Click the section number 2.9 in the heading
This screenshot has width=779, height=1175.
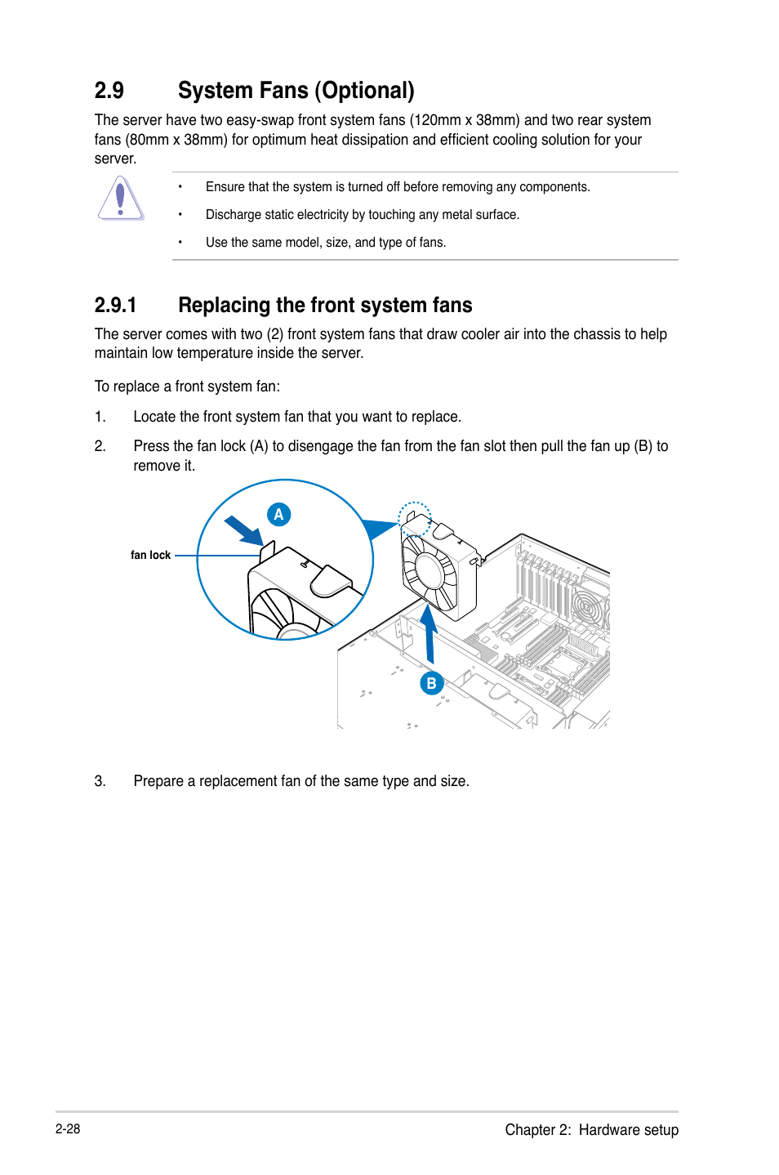coord(109,91)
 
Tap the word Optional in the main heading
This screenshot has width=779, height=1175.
coord(366,91)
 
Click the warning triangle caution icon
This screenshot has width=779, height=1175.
coord(121,199)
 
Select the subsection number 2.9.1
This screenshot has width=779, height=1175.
coord(115,306)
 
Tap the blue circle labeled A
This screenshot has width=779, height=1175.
coord(278,515)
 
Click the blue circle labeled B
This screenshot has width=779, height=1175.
coord(431,683)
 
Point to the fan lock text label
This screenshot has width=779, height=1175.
coord(150,555)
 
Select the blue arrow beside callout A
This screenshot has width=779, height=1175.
coord(243,530)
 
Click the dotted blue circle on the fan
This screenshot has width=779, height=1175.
coord(415,519)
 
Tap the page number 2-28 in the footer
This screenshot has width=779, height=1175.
coord(68,1128)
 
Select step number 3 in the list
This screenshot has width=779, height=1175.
coord(100,781)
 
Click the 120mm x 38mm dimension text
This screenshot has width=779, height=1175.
coord(464,120)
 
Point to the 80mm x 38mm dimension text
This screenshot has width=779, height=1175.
coord(175,140)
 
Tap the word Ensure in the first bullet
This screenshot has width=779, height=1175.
coord(225,187)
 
